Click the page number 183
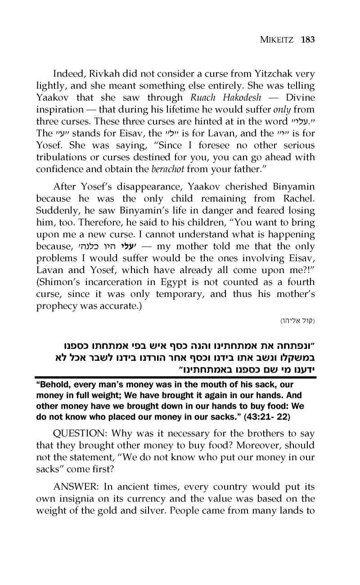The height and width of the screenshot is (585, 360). (x=308, y=39)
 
